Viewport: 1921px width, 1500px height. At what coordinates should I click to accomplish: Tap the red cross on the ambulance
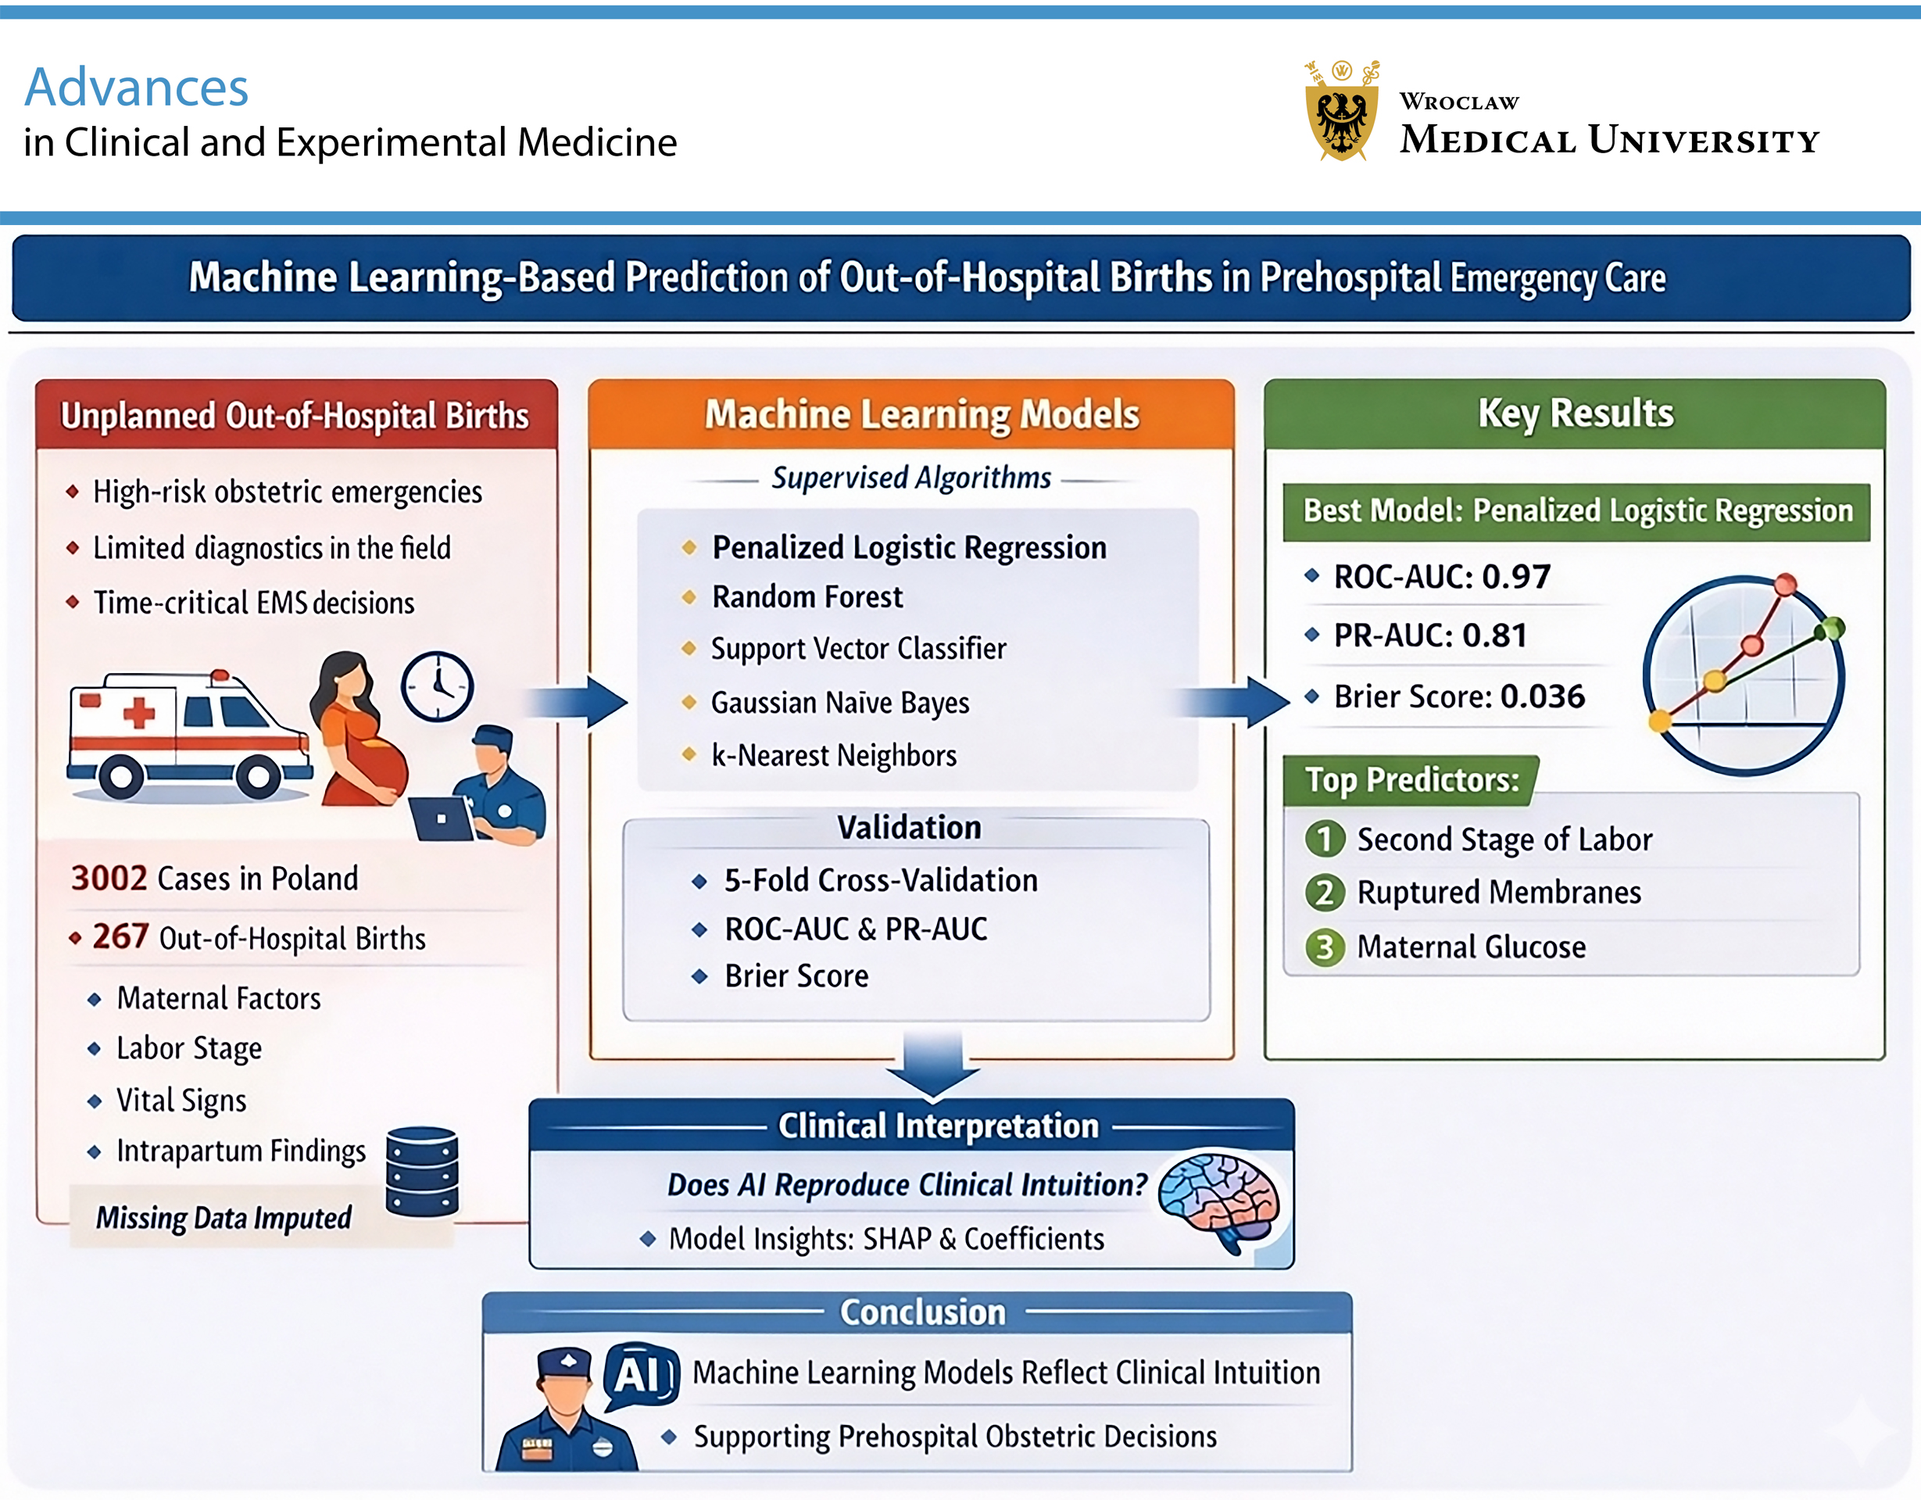click(139, 713)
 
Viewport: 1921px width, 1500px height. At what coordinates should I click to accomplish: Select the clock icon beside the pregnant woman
click(437, 687)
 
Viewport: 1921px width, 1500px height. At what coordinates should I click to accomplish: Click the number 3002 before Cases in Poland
click(109, 878)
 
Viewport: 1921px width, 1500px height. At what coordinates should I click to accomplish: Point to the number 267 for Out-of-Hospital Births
click(120, 937)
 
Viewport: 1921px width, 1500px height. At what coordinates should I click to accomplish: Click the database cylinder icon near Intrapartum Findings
click(422, 1171)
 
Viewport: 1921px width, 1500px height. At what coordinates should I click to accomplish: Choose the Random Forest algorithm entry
click(807, 597)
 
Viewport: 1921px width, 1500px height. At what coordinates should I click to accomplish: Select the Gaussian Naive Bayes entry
click(839, 703)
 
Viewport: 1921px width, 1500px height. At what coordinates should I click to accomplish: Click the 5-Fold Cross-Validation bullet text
click(881, 881)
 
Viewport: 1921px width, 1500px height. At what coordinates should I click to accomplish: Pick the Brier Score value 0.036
click(1542, 696)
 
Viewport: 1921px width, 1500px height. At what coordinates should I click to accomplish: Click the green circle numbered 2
click(1324, 893)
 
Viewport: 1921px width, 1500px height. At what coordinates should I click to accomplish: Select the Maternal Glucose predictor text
click(1471, 947)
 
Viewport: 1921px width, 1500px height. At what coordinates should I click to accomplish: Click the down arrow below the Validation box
click(932, 1065)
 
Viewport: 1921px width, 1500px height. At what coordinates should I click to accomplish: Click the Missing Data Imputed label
click(224, 1218)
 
